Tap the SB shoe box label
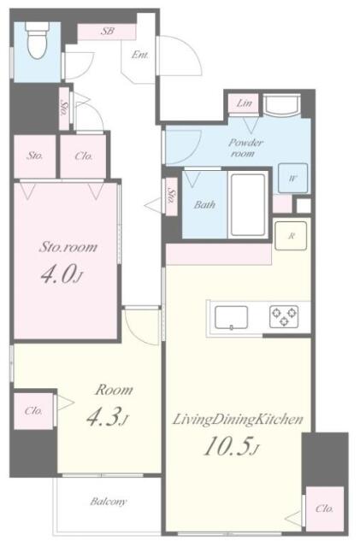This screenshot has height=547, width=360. click(x=108, y=32)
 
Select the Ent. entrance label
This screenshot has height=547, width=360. click(x=140, y=56)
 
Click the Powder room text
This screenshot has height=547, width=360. click(x=245, y=147)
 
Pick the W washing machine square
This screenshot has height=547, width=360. click(x=292, y=179)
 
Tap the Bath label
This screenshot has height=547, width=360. click(x=204, y=204)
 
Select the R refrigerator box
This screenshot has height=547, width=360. click(x=292, y=235)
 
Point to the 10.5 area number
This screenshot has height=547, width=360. click(x=221, y=447)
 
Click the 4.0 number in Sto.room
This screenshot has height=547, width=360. click(x=62, y=276)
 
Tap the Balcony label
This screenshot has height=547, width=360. click(x=109, y=502)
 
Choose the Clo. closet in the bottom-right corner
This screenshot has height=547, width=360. click(x=323, y=509)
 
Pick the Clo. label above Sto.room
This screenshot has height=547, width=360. click(x=84, y=156)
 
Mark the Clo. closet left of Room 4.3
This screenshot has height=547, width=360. click(x=32, y=410)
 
